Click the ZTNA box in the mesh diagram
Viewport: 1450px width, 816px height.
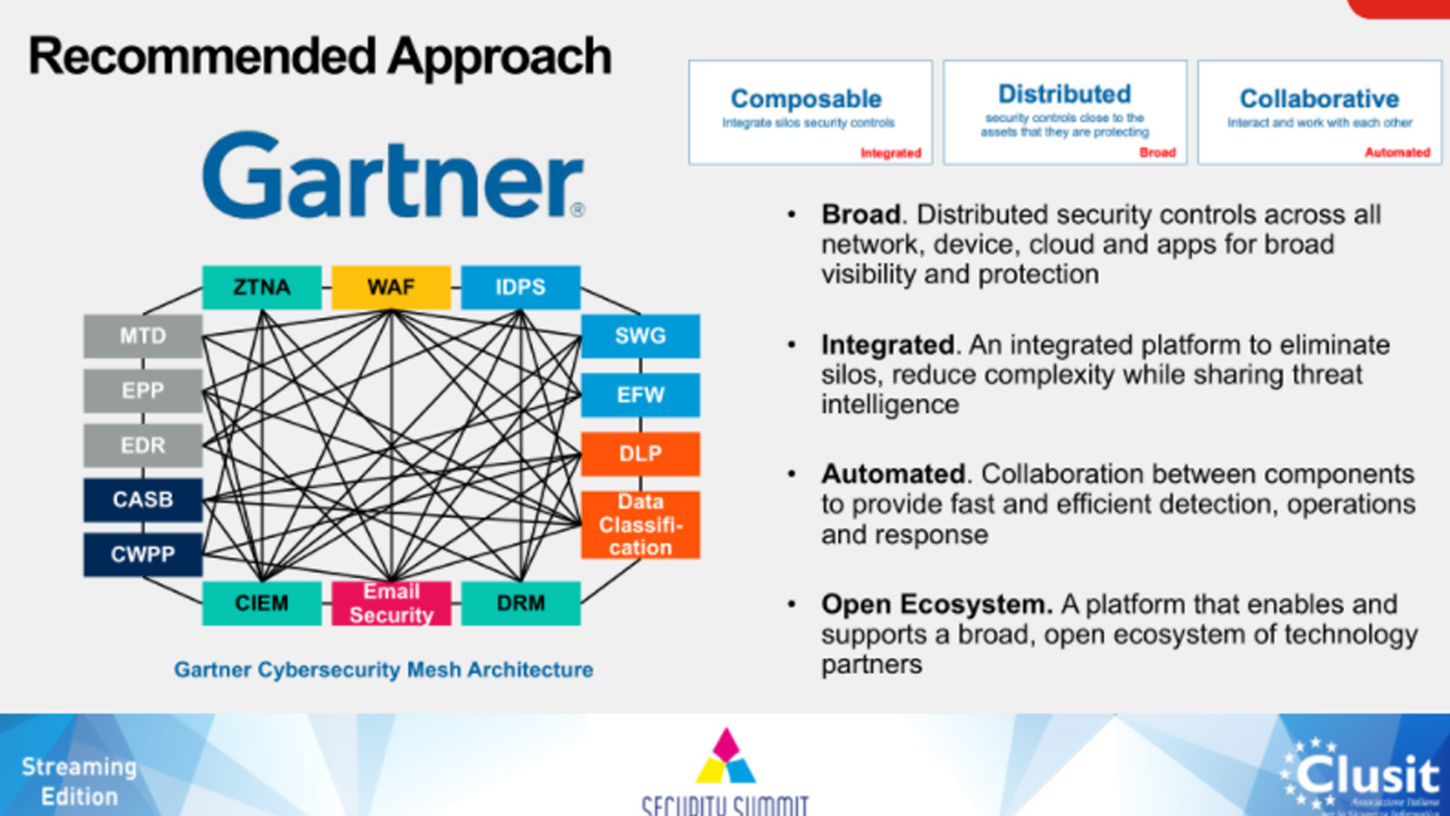(x=261, y=287)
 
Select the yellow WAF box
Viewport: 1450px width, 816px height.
(x=391, y=287)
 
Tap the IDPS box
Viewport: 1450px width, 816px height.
(x=520, y=287)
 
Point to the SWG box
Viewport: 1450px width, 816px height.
(x=640, y=336)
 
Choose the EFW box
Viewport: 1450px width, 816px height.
(x=640, y=395)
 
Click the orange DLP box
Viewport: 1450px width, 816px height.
(x=640, y=454)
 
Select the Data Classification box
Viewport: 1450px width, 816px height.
(x=640, y=525)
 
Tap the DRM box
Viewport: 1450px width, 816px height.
(x=520, y=603)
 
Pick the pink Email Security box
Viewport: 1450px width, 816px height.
(x=391, y=603)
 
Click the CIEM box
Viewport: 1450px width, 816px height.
(x=261, y=603)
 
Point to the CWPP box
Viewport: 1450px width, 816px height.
(x=143, y=555)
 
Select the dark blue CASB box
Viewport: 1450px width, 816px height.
(x=143, y=500)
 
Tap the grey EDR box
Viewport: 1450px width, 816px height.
(x=143, y=445)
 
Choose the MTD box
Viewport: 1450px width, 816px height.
(x=143, y=336)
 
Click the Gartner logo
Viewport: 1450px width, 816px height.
(x=393, y=176)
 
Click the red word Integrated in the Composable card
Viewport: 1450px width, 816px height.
(x=891, y=153)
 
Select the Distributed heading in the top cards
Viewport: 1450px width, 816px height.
(x=1064, y=94)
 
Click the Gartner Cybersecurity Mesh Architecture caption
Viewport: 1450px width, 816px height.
(x=383, y=670)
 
